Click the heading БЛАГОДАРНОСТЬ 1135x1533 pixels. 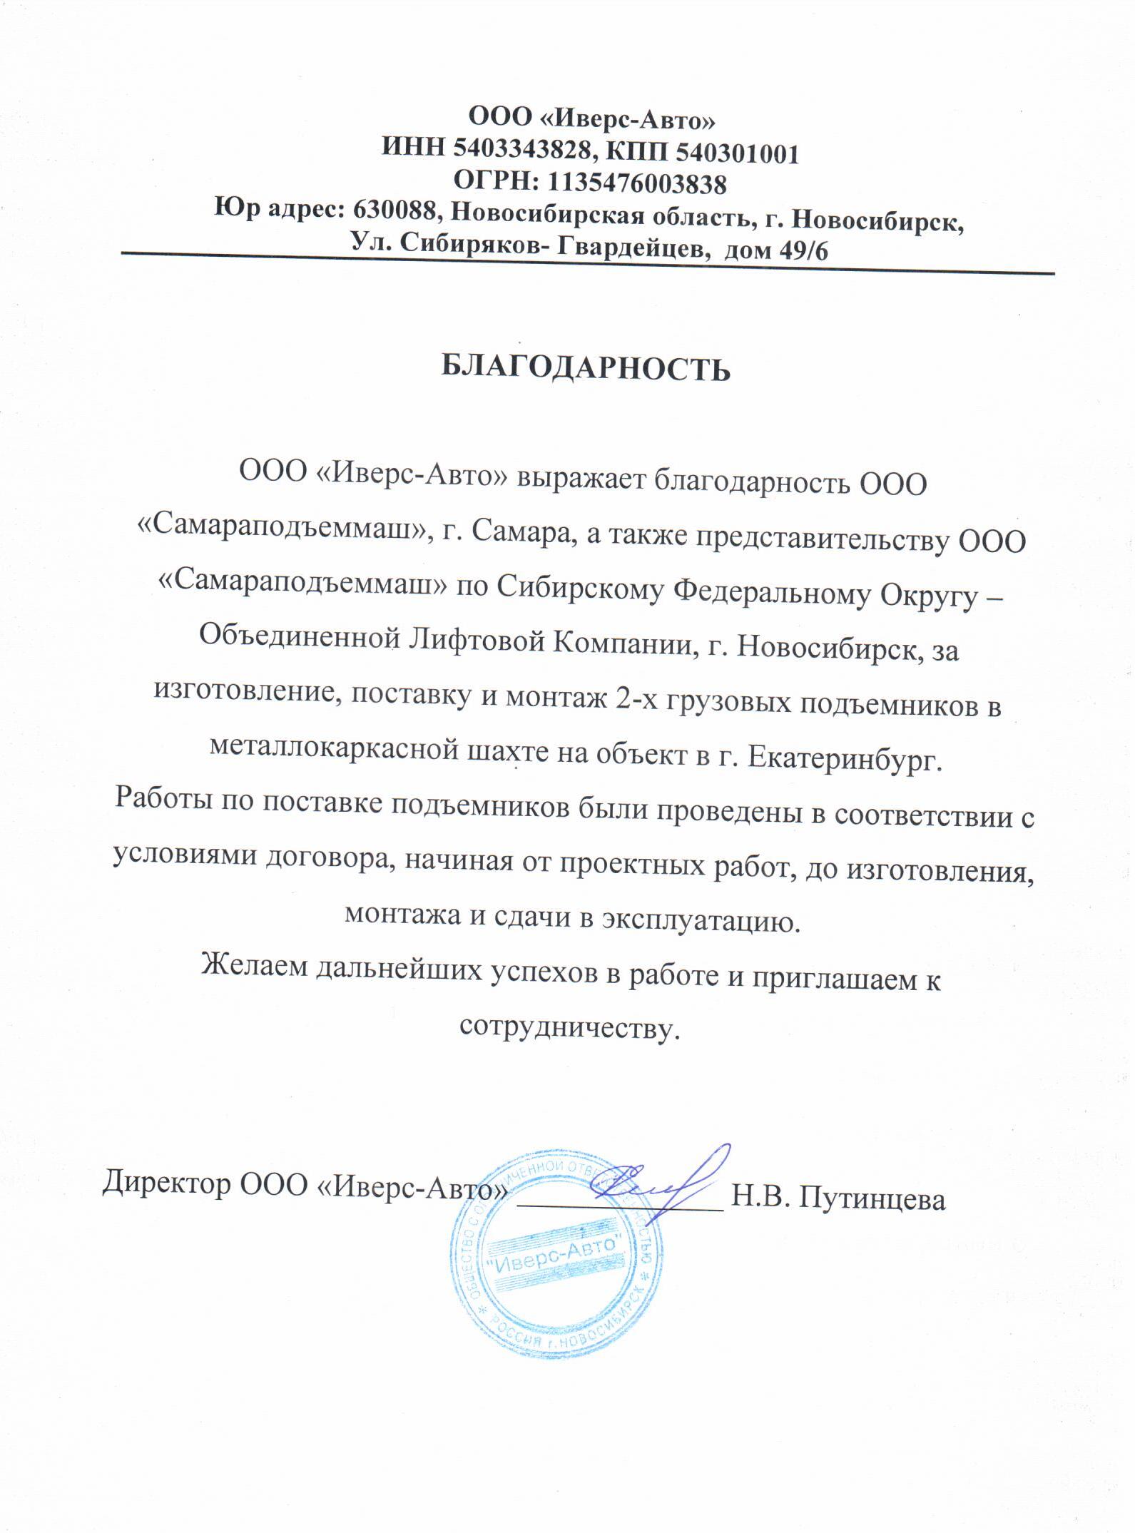pyautogui.click(x=586, y=370)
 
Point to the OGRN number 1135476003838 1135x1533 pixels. pyautogui.click(x=637, y=184)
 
